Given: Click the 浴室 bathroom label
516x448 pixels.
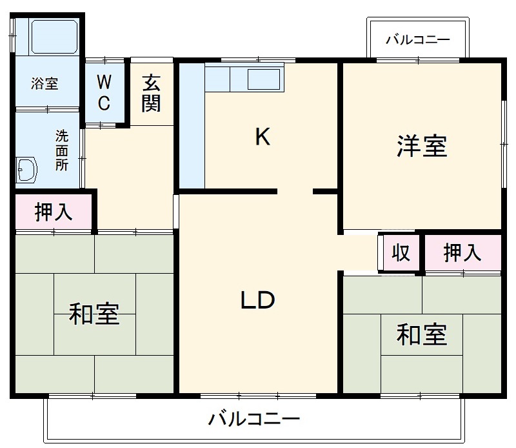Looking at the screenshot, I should (x=45, y=83).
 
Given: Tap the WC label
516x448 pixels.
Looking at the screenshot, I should (x=104, y=92).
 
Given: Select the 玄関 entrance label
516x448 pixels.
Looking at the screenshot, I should (x=151, y=93).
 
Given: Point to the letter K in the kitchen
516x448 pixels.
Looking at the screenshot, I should (x=262, y=137).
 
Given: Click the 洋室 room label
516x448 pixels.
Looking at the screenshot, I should (x=422, y=147).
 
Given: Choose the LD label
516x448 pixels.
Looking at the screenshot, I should (x=258, y=300).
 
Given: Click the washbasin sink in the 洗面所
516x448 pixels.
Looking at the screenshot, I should (x=27, y=170).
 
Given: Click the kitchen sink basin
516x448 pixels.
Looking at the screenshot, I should (x=264, y=80).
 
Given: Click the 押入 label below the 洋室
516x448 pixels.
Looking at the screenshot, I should (x=462, y=252).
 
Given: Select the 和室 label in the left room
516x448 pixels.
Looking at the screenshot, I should (x=94, y=314).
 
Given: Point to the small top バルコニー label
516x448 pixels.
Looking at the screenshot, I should (x=417, y=40).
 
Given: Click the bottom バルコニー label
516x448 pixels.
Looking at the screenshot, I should (x=254, y=420).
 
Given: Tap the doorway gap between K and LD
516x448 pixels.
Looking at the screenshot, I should (x=295, y=191).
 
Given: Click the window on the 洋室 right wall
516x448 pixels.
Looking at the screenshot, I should (x=503, y=144).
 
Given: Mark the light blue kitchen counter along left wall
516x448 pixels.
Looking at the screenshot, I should (x=192, y=126).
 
